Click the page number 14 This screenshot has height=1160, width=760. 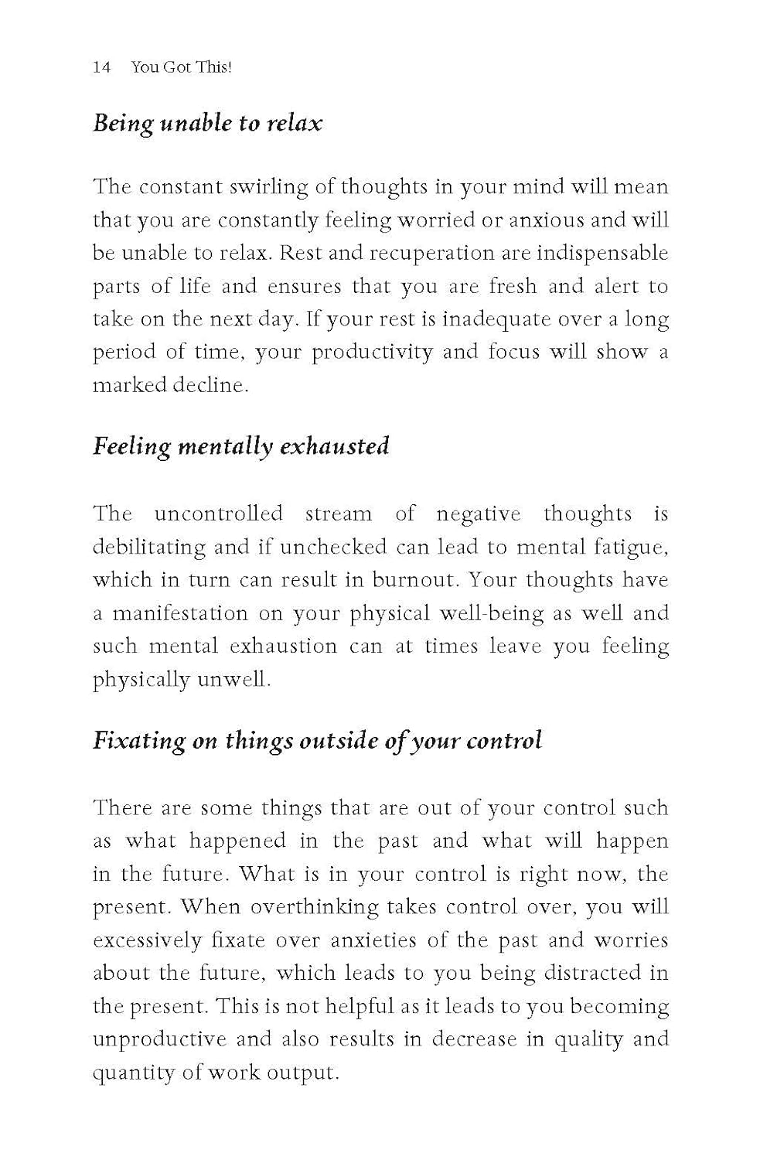pyautogui.click(x=101, y=67)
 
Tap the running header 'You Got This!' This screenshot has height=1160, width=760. pyautogui.click(x=182, y=67)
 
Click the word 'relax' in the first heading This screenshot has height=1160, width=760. pyautogui.click(x=295, y=123)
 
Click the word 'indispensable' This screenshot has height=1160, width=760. pyautogui.click(x=602, y=254)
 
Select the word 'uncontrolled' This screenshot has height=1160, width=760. pyautogui.click(x=218, y=514)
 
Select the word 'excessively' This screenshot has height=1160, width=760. pyautogui.click(x=141, y=941)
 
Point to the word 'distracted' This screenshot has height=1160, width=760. pyautogui.click(x=569, y=974)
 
